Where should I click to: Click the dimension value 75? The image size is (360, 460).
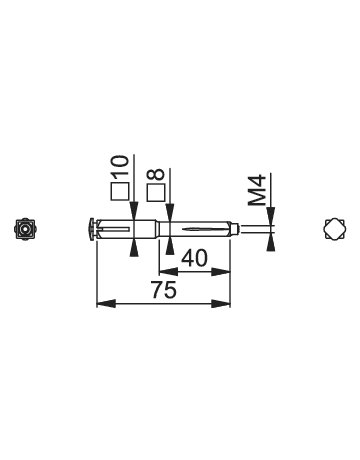click(x=163, y=290)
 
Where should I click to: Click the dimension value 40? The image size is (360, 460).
click(x=194, y=258)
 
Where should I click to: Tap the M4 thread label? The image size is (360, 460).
click(x=257, y=189)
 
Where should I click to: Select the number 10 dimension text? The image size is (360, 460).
click(x=120, y=167)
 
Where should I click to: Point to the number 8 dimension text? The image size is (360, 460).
click(x=156, y=174)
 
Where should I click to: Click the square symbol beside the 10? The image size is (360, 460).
click(x=120, y=192)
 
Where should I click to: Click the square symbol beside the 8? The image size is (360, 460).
click(x=156, y=192)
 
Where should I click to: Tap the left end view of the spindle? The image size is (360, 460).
click(x=25, y=229)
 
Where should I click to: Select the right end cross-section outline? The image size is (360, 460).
click(x=335, y=229)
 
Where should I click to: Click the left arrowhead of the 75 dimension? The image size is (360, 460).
click(x=106, y=304)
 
